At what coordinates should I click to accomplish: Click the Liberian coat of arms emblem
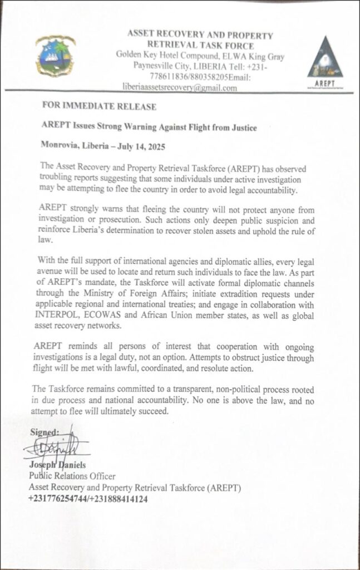coord(55,56)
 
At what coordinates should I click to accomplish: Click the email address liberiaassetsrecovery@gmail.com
coord(180,88)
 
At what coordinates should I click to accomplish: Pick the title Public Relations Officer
coord(72,476)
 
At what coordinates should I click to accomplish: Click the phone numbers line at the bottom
coord(88,499)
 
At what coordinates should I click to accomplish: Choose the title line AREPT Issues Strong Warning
coord(149,127)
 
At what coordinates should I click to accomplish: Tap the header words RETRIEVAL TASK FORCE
coord(200,46)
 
